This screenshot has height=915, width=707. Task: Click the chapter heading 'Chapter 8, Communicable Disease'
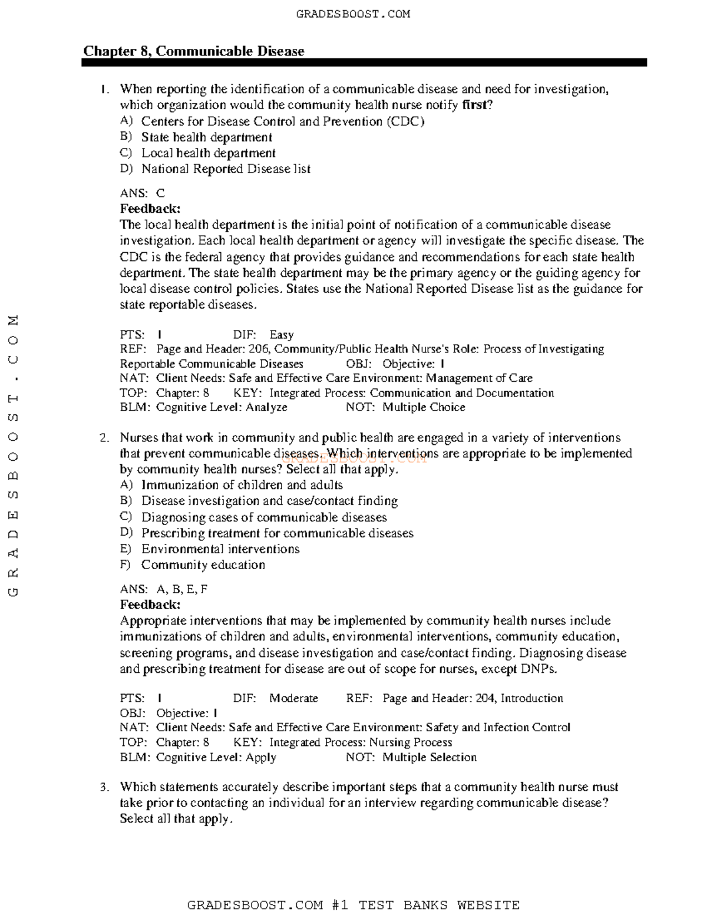pyautogui.click(x=193, y=51)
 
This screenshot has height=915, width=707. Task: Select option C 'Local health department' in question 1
pyautogui.click(x=208, y=153)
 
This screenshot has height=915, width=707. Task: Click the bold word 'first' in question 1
pyautogui.click(x=475, y=105)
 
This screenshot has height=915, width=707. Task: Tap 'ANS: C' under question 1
pyautogui.click(x=143, y=193)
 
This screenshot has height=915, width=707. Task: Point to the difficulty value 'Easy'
pyautogui.click(x=282, y=335)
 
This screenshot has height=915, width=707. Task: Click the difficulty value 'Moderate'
pyautogui.click(x=293, y=698)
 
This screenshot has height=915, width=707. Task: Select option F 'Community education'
pyautogui.click(x=203, y=565)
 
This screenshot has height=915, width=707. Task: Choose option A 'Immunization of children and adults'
pyautogui.click(x=242, y=485)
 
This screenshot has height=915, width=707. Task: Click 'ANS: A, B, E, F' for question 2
pyautogui.click(x=164, y=589)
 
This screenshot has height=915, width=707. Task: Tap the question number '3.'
pyautogui.click(x=104, y=787)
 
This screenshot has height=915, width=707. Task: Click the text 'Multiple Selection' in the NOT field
pyautogui.click(x=430, y=757)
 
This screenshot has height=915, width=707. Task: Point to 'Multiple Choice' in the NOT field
pyautogui.click(x=424, y=407)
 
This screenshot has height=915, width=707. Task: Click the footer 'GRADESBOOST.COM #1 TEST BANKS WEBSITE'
pyautogui.click(x=353, y=905)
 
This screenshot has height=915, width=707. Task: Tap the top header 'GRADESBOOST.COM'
pyautogui.click(x=353, y=14)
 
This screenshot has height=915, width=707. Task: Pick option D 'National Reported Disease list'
pyautogui.click(x=226, y=169)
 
